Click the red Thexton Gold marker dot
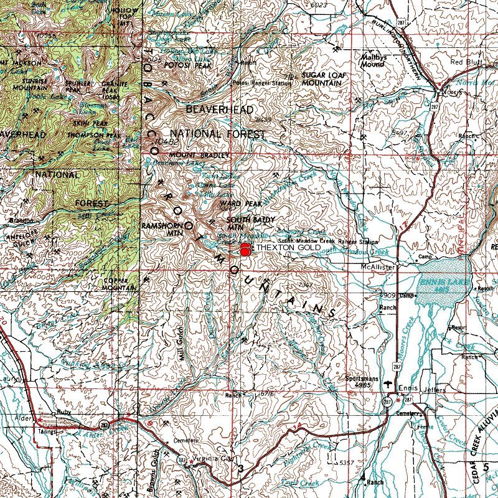tap(245, 250)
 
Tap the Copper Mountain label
tap(119, 285)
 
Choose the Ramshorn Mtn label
tap(161, 228)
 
